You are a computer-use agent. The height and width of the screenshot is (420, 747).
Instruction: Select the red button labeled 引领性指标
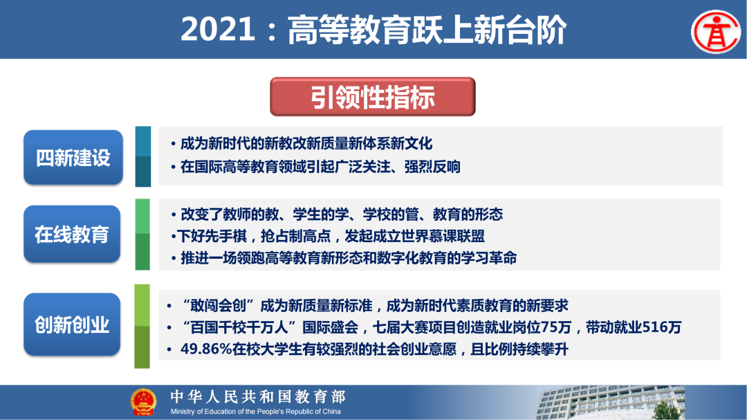coord(372,97)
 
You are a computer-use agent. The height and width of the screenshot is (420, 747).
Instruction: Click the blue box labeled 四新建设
coord(73,158)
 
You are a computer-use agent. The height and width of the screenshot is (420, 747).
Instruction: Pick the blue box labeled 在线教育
coord(73,235)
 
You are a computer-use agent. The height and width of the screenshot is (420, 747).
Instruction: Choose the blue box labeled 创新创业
coord(73,325)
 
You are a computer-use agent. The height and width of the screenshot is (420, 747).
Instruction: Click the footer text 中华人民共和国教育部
coord(257,396)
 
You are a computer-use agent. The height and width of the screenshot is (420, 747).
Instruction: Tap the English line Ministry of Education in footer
coord(256,412)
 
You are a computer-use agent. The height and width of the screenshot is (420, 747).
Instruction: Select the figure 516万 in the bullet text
coord(662,327)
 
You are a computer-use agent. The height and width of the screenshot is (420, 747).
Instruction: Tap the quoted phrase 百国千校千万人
coord(239,327)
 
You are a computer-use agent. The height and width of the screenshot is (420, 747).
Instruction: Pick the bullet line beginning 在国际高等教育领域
coord(320,167)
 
